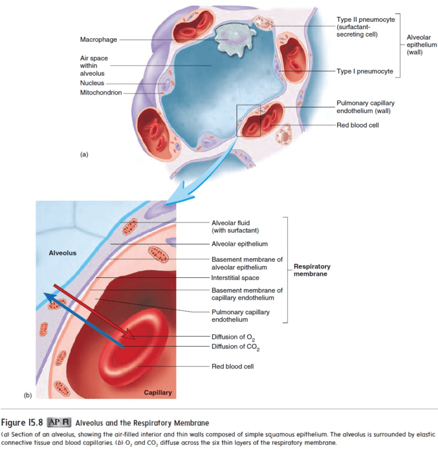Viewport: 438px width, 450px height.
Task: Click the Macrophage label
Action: pyautogui.click(x=99, y=39)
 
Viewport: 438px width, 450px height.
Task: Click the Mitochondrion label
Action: pyautogui.click(x=101, y=93)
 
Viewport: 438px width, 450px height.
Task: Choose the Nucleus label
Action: pyautogui.click(x=92, y=83)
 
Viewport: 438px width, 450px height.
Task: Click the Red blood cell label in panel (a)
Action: pyautogui.click(x=358, y=125)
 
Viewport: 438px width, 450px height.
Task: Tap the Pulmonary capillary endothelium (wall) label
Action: pyautogui.click(x=365, y=107)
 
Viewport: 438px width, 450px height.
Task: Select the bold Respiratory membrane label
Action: pyautogui.click(x=312, y=270)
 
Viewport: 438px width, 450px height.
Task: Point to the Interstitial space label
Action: pyautogui.click(x=235, y=278)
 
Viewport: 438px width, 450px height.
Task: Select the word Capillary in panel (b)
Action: pyautogui.click(x=157, y=393)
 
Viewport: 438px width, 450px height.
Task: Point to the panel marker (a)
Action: pyautogui.click(x=84, y=154)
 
